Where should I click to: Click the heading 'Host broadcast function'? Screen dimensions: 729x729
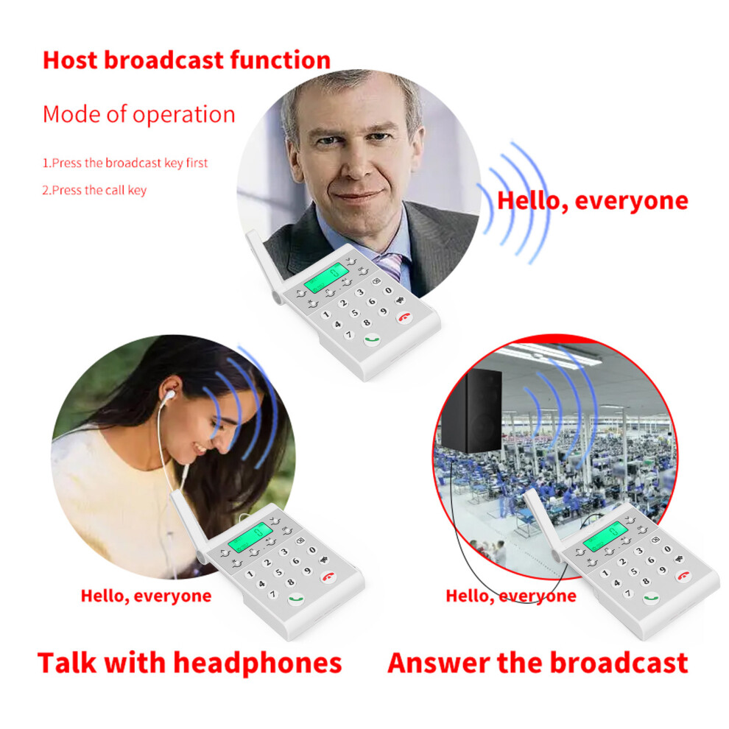click(x=186, y=60)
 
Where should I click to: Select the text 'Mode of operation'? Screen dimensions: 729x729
click(x=139, y=114)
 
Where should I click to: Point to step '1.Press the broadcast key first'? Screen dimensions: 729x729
click(x=125, y=163)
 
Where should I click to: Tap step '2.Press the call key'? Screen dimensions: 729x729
click(x=94, y=190)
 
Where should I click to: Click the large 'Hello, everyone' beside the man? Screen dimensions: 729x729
click(x=593, y=201)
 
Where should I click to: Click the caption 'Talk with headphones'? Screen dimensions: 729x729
click(x=190, y=663)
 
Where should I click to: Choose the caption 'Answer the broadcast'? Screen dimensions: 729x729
click(x=538, y=663)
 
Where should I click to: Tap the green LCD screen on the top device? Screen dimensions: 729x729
click(x=326, y=277)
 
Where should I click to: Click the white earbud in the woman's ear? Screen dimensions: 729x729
click(x=169, y=395)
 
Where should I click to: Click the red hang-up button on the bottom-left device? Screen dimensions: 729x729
click(x=329, y=577)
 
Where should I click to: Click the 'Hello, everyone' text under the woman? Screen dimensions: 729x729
click(x=146, y=596)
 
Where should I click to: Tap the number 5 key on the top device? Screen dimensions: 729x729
click(x=355, y=313)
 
